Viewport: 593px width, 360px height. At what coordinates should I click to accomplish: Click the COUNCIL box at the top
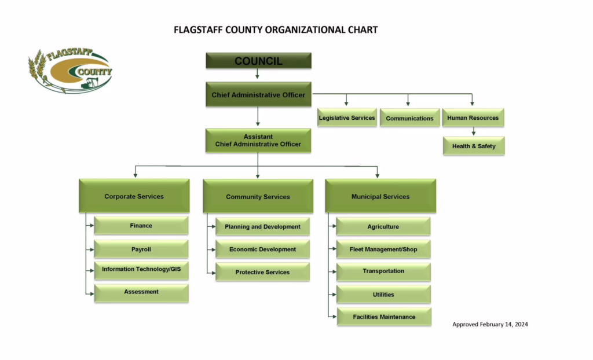click(x=259, y=61)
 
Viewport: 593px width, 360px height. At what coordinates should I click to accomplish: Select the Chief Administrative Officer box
click(x=259, y=94)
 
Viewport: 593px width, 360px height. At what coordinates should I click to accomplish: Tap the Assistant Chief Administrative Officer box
click(x=258, y=141)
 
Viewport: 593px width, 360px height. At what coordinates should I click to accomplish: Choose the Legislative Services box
click(x=347, y=117)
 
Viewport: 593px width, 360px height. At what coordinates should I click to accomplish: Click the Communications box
click(x=409, y=118)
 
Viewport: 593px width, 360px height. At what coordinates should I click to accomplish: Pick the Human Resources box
click(x=473, y=117)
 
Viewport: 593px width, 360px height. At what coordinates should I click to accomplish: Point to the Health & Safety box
click(x=474, y=146)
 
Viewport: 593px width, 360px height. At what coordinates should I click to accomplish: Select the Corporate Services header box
click(x=134, y=196)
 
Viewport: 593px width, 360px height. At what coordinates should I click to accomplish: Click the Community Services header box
click(x=258, y=196)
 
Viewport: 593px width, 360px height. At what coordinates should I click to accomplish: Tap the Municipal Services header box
click(x=380, y=196)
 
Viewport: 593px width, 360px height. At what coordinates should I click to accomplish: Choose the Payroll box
click(x=141, y=249)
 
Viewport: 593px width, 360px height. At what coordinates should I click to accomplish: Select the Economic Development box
click(x=262, y=249)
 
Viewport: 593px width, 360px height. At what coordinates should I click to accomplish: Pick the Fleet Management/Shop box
click(x=383, y=249)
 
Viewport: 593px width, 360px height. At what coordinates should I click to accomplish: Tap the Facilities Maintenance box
click(x=385, y=317)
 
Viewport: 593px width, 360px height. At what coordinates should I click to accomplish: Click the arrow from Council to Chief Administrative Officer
click(x=258, y=74)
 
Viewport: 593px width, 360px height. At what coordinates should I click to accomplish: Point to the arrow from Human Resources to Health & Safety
click(x=474, y=131)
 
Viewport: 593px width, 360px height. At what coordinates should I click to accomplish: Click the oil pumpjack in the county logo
click(x=90, y=83)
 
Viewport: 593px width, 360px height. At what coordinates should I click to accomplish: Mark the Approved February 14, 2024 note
click(x=490, y=324)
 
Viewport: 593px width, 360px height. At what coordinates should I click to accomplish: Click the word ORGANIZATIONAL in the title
click(x=306, y=30)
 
